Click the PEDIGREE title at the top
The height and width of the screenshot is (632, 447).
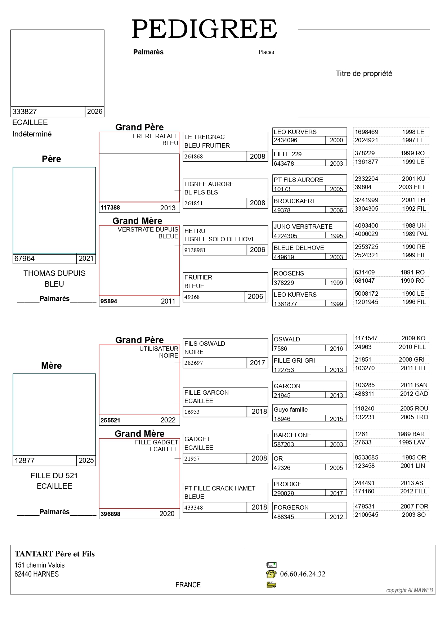204,29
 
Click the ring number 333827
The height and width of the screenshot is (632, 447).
24,112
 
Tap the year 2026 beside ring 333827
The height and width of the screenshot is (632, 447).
95,112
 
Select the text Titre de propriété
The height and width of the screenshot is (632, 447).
364,74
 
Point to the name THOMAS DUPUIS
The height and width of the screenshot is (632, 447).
54,273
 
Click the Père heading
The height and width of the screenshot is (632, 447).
52,159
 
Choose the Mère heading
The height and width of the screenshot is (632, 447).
52,366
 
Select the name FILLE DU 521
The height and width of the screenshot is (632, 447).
54,476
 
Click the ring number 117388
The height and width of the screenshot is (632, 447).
110,208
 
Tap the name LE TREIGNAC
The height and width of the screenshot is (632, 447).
204,137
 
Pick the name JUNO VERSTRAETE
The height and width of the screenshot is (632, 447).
303,227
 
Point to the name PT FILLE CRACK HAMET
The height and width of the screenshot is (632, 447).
220,488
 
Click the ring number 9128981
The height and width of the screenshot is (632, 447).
195,250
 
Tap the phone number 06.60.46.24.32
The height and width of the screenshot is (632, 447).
303,574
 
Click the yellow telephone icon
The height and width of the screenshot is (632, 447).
271,574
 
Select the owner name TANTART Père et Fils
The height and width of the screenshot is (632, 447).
55,554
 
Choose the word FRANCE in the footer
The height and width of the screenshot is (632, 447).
188,585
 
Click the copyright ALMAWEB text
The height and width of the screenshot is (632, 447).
410,590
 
